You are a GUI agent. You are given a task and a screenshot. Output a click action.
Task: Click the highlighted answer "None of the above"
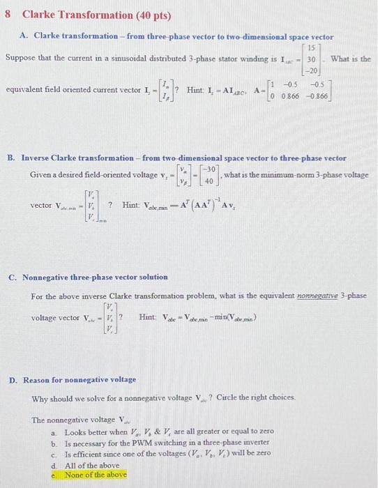(x=96, y=475)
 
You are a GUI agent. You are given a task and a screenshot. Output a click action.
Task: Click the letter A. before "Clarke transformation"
(x=24, y=36)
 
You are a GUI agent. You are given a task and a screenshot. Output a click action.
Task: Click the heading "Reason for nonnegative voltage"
(x=80, y=380)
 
